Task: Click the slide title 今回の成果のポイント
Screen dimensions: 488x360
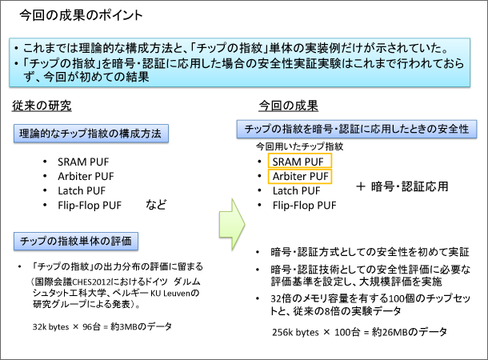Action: coord(81,15)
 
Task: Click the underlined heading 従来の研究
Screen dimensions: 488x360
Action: coord(42,106)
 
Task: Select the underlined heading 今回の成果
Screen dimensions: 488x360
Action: coord(288,106)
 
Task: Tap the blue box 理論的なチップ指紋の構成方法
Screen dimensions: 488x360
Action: coord(91,134)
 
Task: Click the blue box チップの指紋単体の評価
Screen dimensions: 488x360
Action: coord(76,241)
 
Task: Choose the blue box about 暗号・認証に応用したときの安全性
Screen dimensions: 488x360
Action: coord(357,129)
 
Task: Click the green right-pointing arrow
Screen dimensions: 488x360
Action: coord(232,224)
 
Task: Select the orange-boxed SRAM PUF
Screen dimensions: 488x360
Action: coord(300,161)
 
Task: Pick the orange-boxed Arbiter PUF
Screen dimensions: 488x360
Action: coord(300,177)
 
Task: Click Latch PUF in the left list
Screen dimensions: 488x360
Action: coord(82,190)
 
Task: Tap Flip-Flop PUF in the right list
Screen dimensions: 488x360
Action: coord(304,206)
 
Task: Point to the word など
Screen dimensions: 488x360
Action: coord(156,205)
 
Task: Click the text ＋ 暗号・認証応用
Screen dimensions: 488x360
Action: coord(402,186)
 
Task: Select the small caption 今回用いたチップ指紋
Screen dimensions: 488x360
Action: coord(299,146)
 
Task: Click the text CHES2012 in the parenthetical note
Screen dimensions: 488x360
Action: coord(91,282)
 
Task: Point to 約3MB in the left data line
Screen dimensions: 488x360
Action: coord(124,326)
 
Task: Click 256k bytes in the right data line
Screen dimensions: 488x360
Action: coord(295,332)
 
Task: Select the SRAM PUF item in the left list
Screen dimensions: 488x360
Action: coord(83,162)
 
